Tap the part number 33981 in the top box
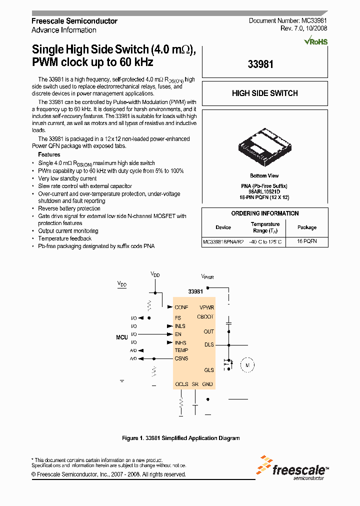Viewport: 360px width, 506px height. point(260,64)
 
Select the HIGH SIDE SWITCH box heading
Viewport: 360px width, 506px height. point(264,93)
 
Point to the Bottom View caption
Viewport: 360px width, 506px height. point(264,176)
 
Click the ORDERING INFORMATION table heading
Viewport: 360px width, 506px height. point(264,213)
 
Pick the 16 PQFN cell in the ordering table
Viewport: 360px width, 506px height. point(306,241)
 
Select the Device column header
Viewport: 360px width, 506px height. point(223,227)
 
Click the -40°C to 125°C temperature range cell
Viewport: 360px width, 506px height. point(265,241)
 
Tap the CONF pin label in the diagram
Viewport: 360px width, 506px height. point(181,307)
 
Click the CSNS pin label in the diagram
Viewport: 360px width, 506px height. point(181,358)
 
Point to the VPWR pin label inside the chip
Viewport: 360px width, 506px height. point(206,307)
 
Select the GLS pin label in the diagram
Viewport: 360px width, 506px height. point(208,370)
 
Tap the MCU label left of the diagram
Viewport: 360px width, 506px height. point(122,337)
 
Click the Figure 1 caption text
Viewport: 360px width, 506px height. point(180,438)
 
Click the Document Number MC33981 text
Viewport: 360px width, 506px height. point(288,21)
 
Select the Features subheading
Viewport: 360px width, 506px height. point(49,154)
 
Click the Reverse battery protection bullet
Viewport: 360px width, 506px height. point(69,208)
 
